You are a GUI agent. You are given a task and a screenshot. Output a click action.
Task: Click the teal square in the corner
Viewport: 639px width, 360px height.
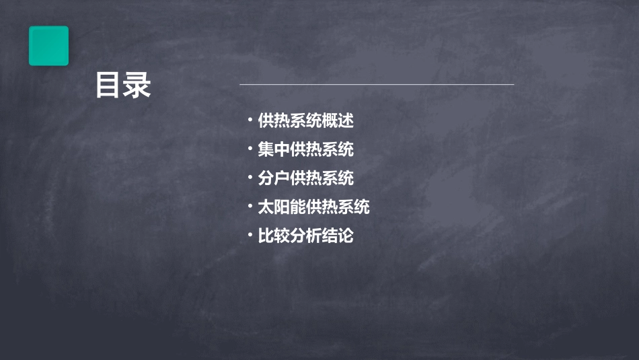tap(48, 46)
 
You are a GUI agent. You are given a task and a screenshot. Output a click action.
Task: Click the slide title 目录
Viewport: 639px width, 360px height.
tap(122, 85)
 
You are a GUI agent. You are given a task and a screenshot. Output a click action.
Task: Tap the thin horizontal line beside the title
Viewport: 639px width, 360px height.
tap(377, 85)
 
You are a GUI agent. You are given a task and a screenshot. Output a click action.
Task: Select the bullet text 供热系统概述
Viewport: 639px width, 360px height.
tap(306, 121)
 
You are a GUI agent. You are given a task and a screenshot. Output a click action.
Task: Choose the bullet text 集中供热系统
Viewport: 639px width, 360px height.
tap(306, 149)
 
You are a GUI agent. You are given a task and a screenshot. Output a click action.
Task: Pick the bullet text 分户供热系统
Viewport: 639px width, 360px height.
tap(306, 178)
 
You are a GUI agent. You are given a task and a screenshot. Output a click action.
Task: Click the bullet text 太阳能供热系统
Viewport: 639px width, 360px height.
tap(313, 207)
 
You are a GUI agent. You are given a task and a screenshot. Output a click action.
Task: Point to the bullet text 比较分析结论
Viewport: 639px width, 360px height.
tap(306, 236)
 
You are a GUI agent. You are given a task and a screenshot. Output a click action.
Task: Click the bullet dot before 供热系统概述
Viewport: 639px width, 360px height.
tap(250, 121)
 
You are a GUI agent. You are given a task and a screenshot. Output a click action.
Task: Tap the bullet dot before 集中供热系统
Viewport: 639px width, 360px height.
tap(250, 149)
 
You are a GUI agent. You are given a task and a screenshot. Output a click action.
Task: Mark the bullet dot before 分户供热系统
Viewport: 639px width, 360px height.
tap(250, 178)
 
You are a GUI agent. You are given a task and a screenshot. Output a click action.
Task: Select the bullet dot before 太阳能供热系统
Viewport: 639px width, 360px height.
tap(250, 207)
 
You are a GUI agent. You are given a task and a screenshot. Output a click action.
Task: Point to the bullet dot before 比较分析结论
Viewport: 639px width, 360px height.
tap(250, 236)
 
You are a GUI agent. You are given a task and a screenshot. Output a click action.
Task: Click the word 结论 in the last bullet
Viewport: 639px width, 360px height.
tap(338, 236)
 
